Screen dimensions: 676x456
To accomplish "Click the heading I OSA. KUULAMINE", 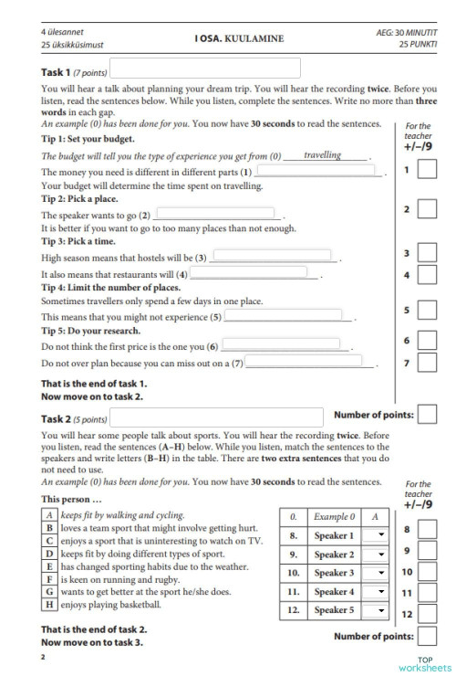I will (x=238, y=38).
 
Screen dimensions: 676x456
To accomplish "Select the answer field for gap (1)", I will (x=318, y=171).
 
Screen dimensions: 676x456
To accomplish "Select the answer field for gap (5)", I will (x=283, y=316).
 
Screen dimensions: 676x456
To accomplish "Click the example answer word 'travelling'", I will (x=323, y=155).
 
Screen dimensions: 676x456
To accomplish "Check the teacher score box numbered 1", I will (x=427, y=170).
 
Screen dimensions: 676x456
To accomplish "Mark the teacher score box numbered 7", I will (x=427, y=363).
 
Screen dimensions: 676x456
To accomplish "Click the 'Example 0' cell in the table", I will (x=334, y=517).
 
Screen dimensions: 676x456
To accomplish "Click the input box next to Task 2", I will (x=216, y=417).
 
